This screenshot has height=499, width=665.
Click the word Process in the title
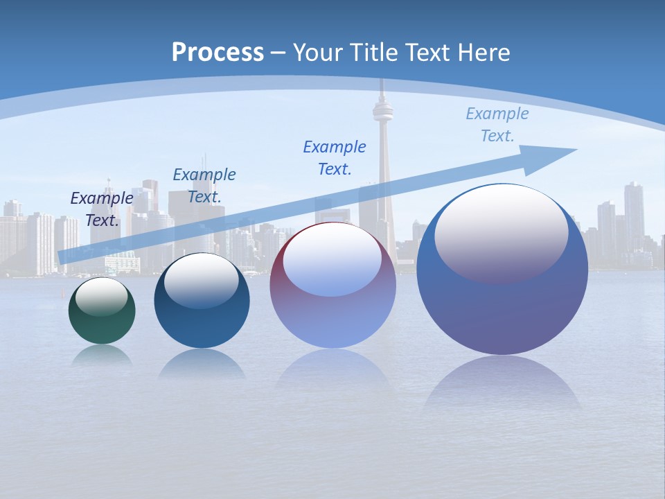pyautogui.click(x=218, y=53)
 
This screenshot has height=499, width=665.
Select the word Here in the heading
pyautogui.click(x=482, y=53)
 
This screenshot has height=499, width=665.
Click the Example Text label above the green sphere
pyautogui.click(x=102, y=209)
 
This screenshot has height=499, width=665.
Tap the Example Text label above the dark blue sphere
pyautogui.click(x=204, y=185)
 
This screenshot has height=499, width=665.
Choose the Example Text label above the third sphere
pyautogui.click(x=335, y=157)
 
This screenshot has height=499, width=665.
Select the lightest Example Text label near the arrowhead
pyautogui.click(x=497, y=124)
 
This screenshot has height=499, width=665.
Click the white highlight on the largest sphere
pyautogui.click(x=501, y=232)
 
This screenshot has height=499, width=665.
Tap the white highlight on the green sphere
pyautogui.click(x=101, y=297)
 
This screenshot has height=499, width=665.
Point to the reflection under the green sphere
pyautogui.click(x=102, y=355)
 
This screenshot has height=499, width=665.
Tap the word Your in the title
pyautogui.click(x=315, y=53)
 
